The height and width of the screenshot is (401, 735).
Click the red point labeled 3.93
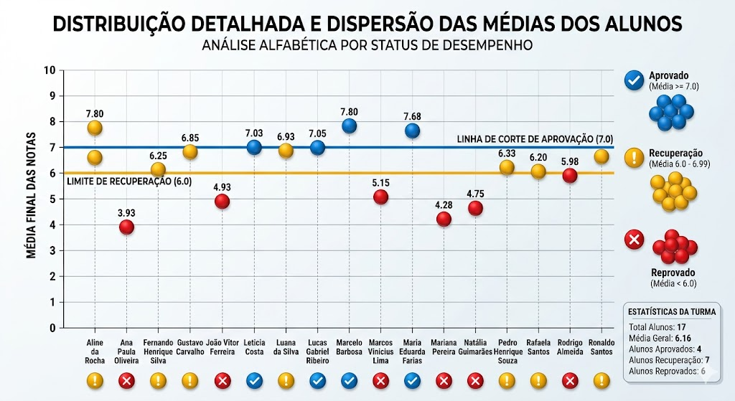point(127,227)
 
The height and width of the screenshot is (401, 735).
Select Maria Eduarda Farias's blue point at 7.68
point(412,131)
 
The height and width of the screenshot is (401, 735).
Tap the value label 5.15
point(380,183)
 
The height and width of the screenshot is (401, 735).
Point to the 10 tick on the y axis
point(50,70)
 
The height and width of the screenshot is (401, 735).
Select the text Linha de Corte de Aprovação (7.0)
point(535,138)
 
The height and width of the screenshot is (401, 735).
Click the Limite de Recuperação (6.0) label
point(129,182)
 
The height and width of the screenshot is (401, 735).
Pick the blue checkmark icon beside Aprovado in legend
point(634,80)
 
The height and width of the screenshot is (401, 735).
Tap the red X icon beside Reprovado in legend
point(634,240)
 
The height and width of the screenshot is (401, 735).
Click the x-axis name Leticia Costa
point(253,346)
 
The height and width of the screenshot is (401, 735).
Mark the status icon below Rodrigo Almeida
point(570,381)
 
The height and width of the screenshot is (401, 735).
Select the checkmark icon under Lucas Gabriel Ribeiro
point(317,381)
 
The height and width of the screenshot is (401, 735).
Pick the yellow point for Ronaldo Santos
point(601,156)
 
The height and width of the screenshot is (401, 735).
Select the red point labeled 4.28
point(444,219)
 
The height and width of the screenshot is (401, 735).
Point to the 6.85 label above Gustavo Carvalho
point(190,137)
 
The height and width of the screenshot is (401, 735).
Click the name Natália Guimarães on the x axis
point(475,346)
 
